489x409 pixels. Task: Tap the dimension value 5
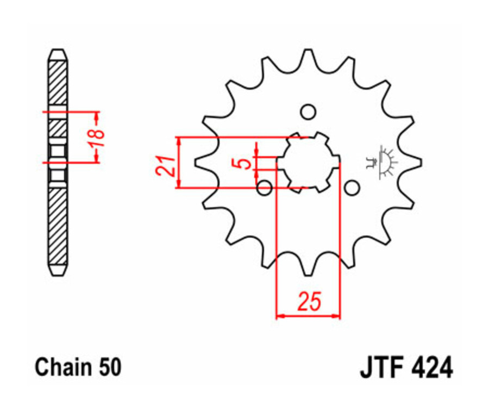[x=246, y=163]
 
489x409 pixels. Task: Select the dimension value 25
[x=308, y=301]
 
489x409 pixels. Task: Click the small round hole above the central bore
[x=308, y=112]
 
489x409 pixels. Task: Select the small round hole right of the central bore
[x=353, y=188]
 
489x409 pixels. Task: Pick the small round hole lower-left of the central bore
[x=265, y=188]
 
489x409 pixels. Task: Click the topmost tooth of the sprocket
[x=308, y=54]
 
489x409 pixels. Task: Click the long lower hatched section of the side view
[x=58, y=226]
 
